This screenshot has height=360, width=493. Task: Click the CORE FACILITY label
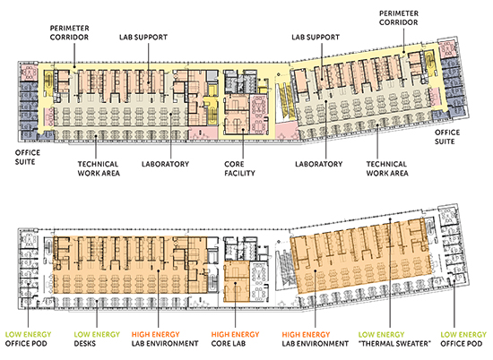pos(239,168)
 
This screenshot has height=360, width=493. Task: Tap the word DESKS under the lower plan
pos(85,344)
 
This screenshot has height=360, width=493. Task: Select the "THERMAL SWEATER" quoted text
pos(394,344)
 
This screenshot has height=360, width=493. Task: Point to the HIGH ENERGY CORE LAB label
pos(235,339)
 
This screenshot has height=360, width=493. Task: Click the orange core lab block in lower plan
pos(237,281)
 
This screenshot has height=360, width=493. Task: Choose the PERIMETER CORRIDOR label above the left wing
pos(69,32)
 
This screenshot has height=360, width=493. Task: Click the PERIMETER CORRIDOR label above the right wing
pos(399,18)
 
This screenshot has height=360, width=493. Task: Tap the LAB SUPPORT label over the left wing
pos(143,37)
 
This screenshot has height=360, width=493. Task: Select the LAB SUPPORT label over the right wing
pos(316,37)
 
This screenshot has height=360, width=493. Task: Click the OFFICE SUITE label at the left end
pos(28,158)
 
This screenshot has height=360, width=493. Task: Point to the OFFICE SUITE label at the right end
pos(447,137)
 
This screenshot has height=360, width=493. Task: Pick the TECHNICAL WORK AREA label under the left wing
pos(99,168)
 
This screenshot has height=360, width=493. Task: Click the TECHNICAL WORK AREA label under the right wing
pos(387,168)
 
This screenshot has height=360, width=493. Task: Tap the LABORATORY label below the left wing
pos(166,164)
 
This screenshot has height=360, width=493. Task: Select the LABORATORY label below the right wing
pos(319,164)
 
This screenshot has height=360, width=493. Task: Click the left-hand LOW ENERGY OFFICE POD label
pos(28,339)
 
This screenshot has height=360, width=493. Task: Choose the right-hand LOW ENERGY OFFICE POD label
pos(463,339)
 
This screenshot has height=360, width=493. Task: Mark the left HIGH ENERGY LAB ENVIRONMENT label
pos(165,339)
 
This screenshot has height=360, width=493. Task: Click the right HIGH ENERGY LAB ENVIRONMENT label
pos(315,339)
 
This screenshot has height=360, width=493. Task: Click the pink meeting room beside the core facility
pos(259,115)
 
